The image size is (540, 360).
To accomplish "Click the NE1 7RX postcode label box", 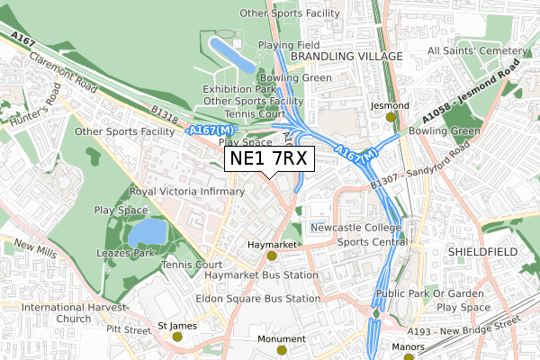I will [269, 159].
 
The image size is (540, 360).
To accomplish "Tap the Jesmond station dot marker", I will [391, 116].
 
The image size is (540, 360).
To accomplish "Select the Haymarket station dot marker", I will [272, 256].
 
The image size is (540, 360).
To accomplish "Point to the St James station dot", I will [177, 337].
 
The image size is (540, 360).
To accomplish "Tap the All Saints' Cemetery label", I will [482, 50].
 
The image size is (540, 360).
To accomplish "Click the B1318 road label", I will [165, 112].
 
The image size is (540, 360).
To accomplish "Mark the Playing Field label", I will [288, 44].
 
